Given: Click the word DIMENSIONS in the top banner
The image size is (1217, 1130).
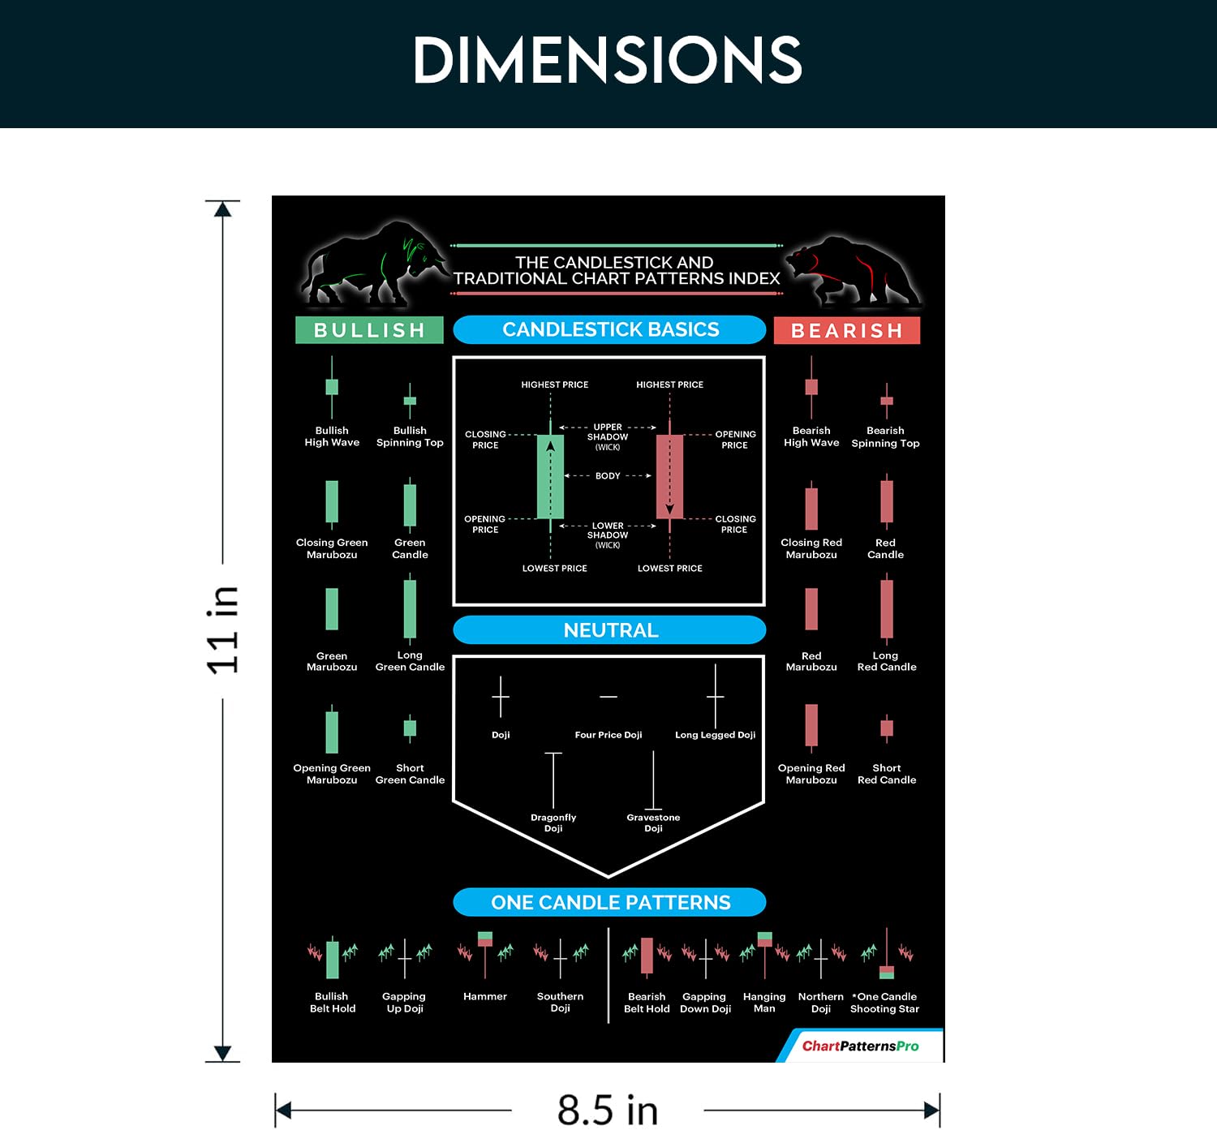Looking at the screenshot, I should tap(607, 60).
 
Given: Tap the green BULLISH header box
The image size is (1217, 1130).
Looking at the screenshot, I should tap(369, 330).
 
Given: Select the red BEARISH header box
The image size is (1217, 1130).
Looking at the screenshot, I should tap(846, 330).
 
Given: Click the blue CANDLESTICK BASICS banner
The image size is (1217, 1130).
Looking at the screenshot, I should tap(609, 329).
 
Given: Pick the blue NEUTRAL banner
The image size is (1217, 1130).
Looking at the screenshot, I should tap(609, 630).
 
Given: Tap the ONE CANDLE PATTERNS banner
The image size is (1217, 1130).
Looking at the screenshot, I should tap(609, 902).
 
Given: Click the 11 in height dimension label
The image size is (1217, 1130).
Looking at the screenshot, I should tap(222, 630).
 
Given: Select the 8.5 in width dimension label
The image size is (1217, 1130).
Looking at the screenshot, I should tap(607, 1109).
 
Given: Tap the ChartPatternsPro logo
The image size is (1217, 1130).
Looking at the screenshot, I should tap(860, 1046).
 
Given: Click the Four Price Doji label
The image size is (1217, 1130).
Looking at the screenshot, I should tap(608, 735).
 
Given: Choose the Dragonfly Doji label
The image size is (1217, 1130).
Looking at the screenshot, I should tap(553, 823).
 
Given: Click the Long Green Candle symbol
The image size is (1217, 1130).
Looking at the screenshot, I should tap(410, 609).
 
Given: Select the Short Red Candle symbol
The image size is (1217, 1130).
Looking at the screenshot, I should tap(887, 728).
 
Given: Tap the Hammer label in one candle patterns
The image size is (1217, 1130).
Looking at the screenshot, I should tap(484, 996).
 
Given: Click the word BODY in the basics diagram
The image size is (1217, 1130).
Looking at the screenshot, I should tap(608, 476).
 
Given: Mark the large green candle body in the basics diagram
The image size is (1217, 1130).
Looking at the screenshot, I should tap(550, 477).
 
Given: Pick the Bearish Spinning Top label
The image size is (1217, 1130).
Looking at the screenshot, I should tap(885, 436).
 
